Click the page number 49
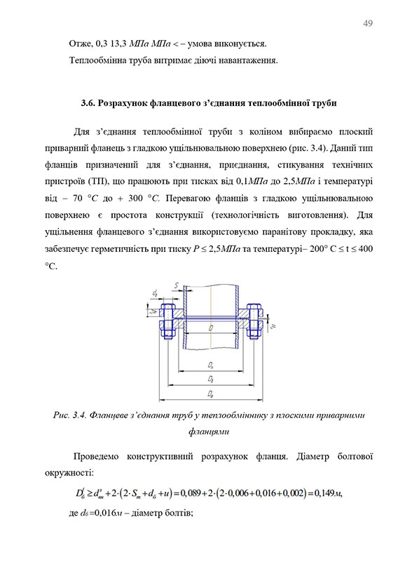pos(367,24)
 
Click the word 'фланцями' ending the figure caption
pos(211,431)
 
